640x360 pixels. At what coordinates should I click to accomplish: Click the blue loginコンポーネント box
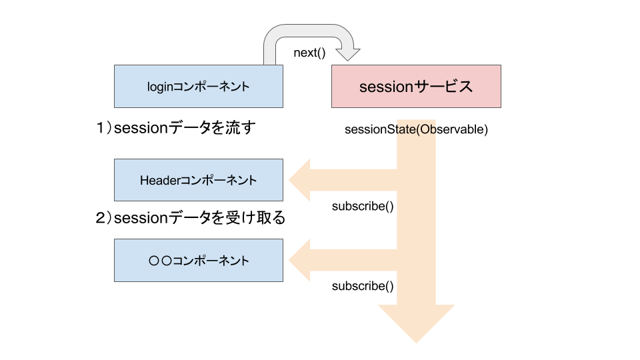click(198, 86)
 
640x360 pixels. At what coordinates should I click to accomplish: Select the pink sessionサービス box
click(416, 86)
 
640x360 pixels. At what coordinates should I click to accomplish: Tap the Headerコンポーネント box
click(198, 180)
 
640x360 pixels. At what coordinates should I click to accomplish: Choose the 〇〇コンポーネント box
click(198, 260)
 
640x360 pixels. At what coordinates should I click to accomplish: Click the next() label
click(309, 53)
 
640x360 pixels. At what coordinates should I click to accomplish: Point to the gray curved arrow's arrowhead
click(347, 52)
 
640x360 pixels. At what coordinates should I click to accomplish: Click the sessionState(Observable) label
click(416, 129)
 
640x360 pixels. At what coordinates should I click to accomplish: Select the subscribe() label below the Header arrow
click(363, 206)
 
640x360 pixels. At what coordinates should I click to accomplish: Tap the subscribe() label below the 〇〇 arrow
click(363, 286)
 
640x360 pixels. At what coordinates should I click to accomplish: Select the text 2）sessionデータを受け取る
click(191, 218)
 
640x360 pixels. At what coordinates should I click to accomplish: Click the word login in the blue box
click(160, 86)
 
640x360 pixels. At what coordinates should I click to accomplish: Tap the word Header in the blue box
click(157, 180)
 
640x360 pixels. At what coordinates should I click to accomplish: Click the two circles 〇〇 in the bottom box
click(161, 260)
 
